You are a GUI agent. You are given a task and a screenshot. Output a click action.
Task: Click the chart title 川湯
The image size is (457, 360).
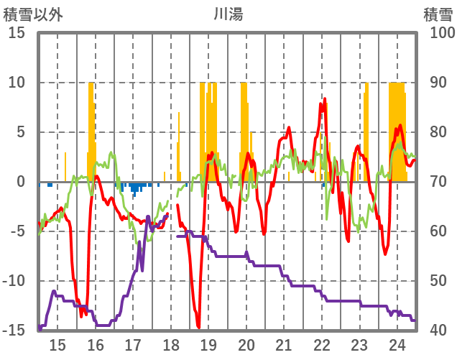click(228, 14)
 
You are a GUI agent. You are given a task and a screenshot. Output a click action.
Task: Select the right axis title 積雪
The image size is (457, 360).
click(436, 14)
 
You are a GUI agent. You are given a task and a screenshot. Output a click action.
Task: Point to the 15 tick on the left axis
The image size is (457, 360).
click(17, 33)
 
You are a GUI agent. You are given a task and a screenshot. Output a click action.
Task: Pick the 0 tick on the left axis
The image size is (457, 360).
click(21, 182)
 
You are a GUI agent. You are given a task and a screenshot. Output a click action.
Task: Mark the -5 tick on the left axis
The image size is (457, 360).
click(17, 231)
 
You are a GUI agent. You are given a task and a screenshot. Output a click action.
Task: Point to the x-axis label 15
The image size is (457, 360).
click(57, 343)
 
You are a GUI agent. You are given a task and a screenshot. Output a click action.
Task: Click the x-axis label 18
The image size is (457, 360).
click(171, 343)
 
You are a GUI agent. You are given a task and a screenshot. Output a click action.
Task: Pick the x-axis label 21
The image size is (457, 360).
click(284, 343)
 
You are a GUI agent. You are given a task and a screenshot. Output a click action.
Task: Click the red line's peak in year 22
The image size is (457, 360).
click(325, 99)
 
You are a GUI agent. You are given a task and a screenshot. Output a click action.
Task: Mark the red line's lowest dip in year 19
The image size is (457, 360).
click(198, 327)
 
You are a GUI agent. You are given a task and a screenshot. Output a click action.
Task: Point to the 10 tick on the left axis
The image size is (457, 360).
click(17, 83)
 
